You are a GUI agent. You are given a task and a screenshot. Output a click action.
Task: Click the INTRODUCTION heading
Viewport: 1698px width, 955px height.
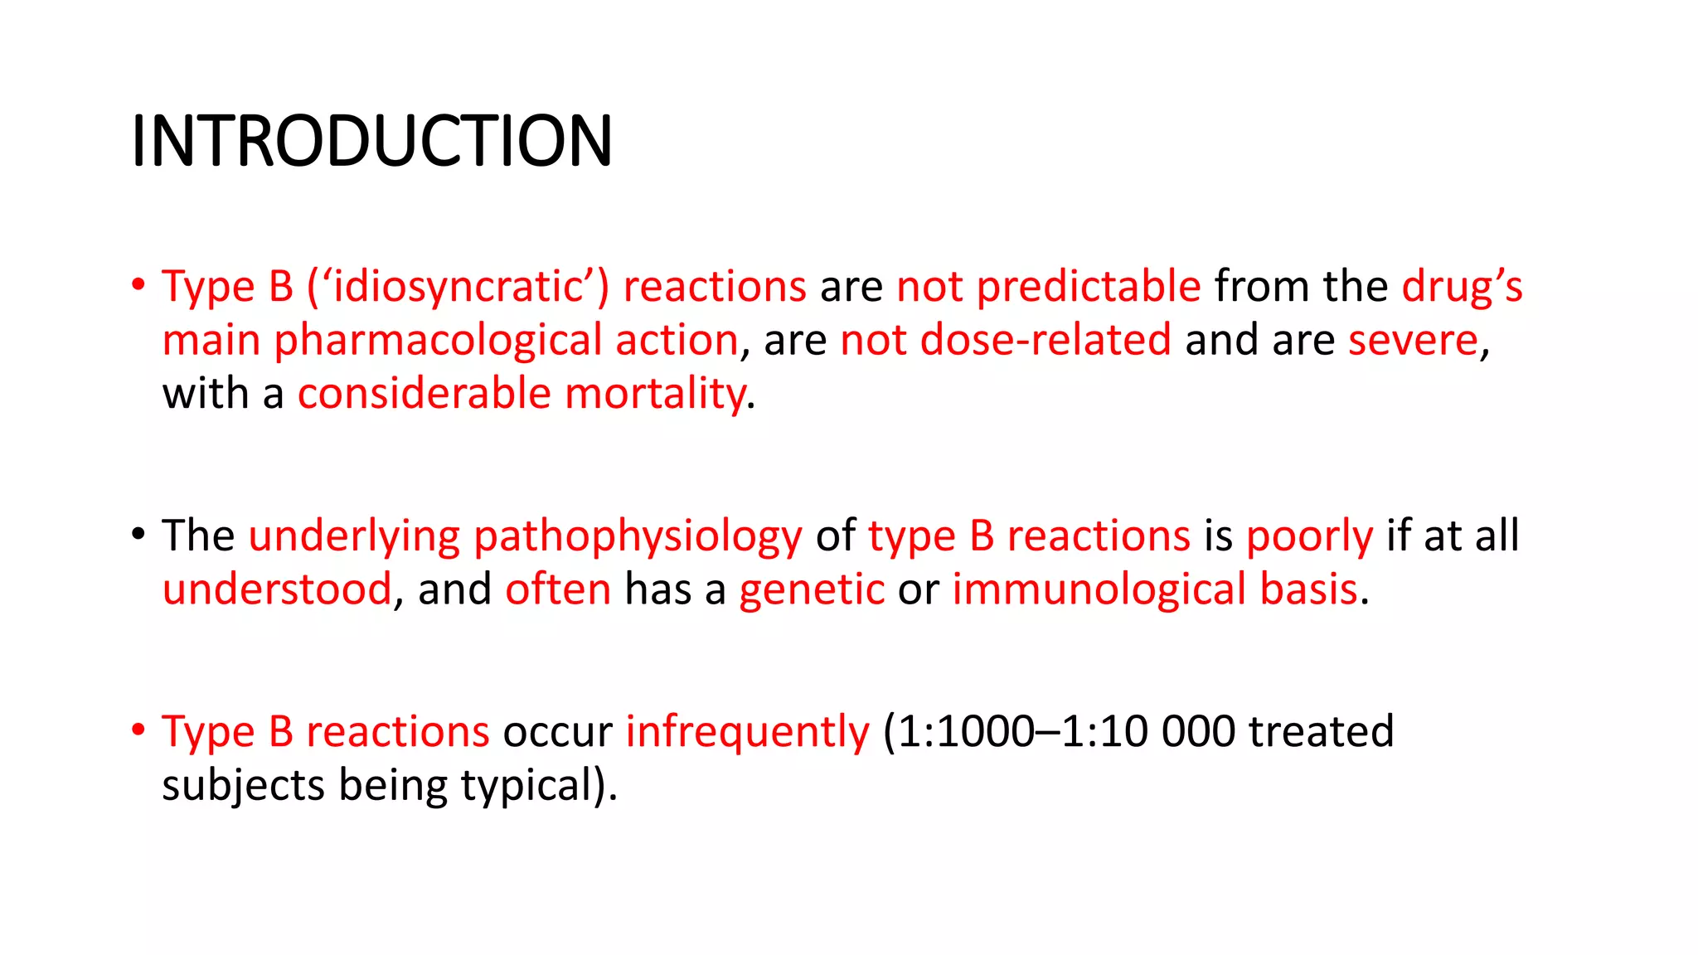tap(371, 141)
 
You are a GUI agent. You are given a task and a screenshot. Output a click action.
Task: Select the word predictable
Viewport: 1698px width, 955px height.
tap(1088, 287)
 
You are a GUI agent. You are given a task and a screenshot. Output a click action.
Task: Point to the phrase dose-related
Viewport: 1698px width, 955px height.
tap(1045, 341)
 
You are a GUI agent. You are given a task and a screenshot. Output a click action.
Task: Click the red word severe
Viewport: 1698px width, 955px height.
tap(1413, 341)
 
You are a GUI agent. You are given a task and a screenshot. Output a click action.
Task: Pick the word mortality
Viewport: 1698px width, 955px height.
tap(655, 394)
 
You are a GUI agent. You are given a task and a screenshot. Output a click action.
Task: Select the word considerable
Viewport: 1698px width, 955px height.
tap(424, 394)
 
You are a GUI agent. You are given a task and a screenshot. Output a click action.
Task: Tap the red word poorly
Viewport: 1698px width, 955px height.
tap(1310, 537)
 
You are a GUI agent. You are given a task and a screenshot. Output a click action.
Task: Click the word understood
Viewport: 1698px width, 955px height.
tap(277, 589)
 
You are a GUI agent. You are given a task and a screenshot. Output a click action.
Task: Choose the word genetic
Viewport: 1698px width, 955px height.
tap(812, 591)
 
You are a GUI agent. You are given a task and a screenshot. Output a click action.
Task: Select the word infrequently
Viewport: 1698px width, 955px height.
tap(747, 733)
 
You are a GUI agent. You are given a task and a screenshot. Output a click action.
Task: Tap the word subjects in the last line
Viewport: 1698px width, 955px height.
tap(243, 786)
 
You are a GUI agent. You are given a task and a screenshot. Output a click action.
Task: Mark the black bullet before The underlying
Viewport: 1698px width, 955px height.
tap(138, 535)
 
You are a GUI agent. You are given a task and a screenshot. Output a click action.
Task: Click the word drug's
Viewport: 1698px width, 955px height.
tap(1462, 287)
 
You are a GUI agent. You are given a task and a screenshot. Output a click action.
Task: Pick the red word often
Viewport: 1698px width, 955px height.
tap(558, 589)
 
